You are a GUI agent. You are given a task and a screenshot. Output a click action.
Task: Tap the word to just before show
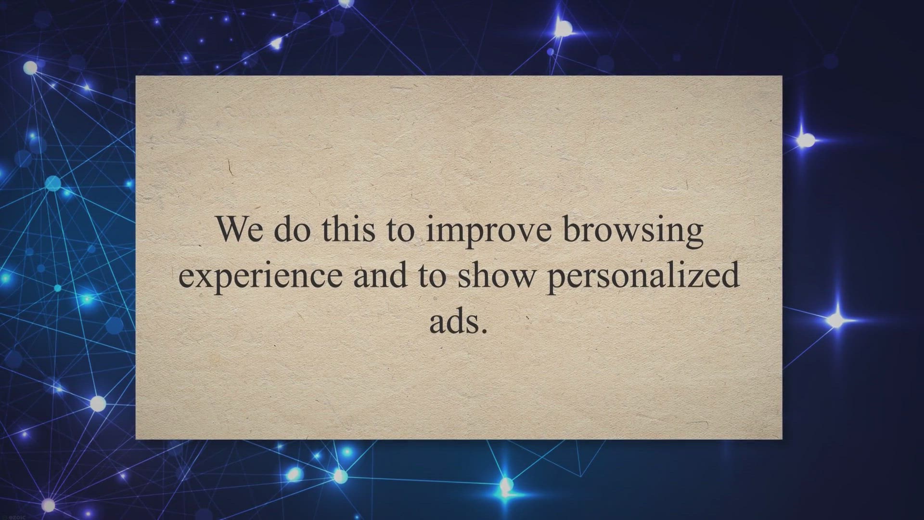431,277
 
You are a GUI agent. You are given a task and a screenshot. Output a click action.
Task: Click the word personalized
643,276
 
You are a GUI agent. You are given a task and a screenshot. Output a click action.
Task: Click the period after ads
485,331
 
